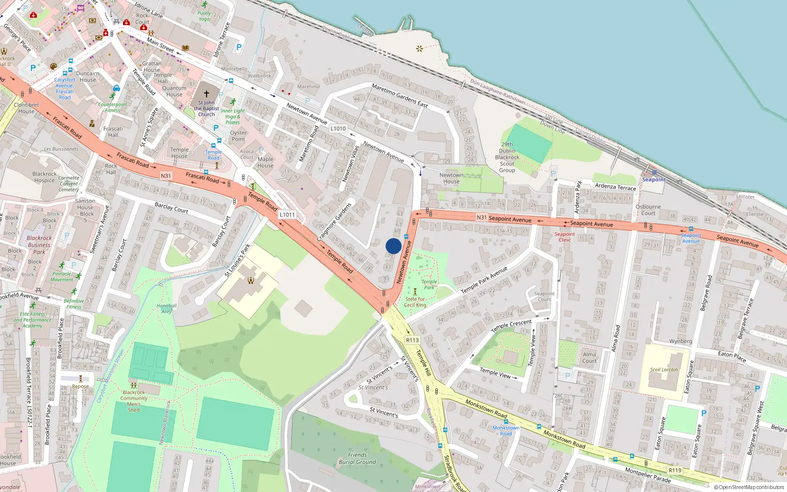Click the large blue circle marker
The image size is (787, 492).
[393, 246]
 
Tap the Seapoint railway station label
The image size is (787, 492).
[654, 180]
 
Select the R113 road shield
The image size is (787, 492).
[412, 340]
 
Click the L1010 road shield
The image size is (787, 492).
[338, 128]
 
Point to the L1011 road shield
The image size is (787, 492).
[287, 215]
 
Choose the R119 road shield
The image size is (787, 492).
[675, 470]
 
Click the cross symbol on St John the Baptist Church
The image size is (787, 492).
[207, 93]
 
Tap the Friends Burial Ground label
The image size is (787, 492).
[357, 459]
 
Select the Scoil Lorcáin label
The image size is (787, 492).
[664, 369]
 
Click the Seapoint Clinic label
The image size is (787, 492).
[565, 237]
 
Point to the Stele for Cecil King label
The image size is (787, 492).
[415, 302]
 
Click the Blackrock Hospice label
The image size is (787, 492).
[44, 177]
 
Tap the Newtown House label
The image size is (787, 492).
[451, 178]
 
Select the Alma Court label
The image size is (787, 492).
[589, 357]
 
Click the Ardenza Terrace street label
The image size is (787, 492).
[615, 186]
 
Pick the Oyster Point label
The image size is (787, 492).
[238, 136]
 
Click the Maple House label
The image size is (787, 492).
[265, 162]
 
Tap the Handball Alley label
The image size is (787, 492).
[167, 308]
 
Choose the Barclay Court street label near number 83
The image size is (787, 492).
[171, 209]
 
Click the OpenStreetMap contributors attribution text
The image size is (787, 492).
[749, 488]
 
